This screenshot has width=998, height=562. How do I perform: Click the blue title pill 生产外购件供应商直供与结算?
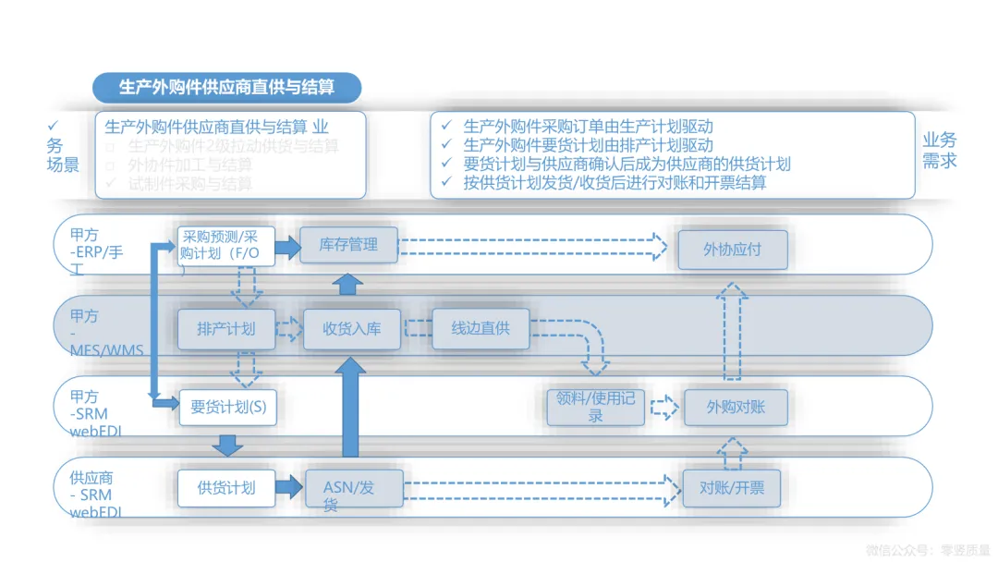pyautogui.click(x=226, y=88)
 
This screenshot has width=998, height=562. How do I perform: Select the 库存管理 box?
pyautogui.click(x=348, y=245)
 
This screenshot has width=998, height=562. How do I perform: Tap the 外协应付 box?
pyautogui.click(x=733, y=250)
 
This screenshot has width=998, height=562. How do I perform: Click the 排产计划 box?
pyautogui.click(x=225, y=328)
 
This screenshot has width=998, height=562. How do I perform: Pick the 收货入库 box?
pyautogui.click(x=351, y=329)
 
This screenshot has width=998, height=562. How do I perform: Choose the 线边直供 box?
pyautogui.click(x=481, y=328)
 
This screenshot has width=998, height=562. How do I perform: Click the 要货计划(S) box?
pyautogui.click(x=227, y=407)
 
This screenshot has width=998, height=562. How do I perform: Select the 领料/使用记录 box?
pyautogui.click(x=595, y=407)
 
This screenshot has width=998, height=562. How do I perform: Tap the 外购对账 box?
pyautogui.click(x=736, y=407)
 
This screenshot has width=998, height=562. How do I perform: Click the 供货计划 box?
pyautogui.click(x=226, y=487)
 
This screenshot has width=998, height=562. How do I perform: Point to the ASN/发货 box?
pyautogui.click(x=354, y=488)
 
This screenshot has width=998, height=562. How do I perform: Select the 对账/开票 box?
pyautogui.click(x=732, y=487)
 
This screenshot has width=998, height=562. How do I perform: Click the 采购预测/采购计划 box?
pyautogui.click(x=226, y=245)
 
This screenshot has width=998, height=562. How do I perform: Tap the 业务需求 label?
pyautogui.click(x=940, y=151)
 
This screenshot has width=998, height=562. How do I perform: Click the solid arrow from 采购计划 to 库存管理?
pyautogui.click(x=288, y=247)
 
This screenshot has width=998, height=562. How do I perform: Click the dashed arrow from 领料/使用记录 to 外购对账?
pyautogui.click(x=663, y=407)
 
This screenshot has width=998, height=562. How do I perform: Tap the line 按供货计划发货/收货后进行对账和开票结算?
pyautogui.click(x=615, y=182)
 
